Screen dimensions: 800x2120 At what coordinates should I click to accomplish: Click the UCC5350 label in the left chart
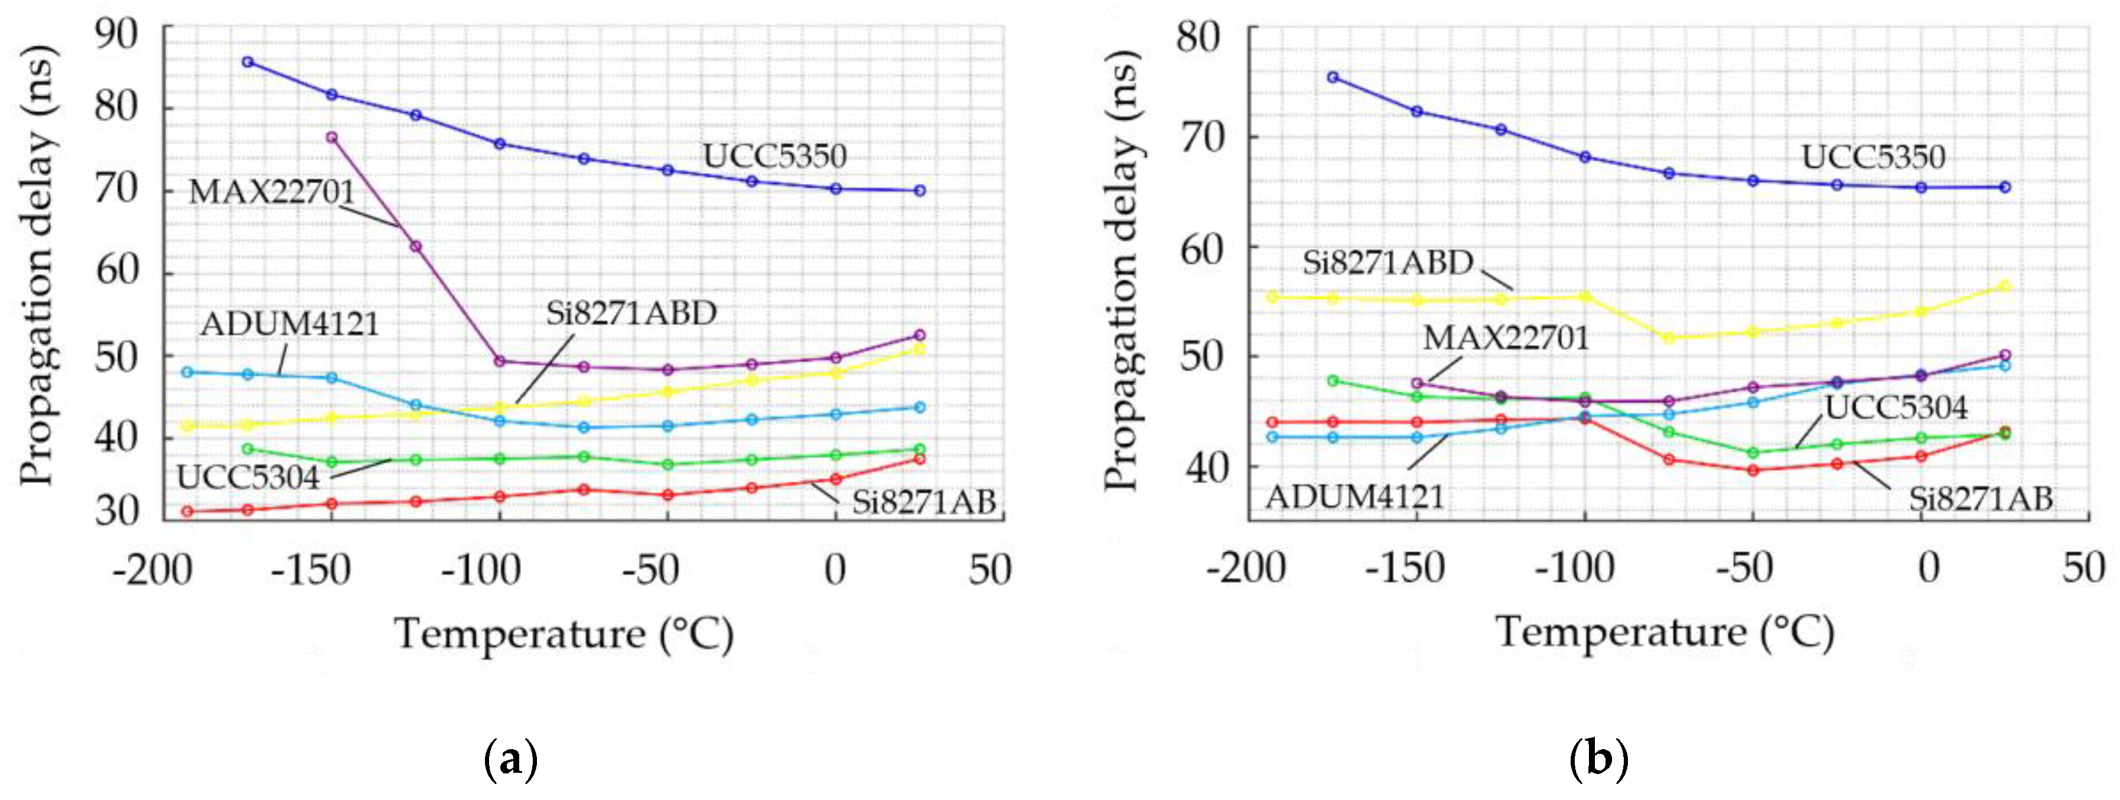pos(774,155)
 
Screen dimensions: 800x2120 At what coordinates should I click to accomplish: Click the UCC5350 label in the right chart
pos(1873,157)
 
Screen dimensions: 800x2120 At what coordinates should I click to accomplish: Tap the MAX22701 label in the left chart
pos(272,192)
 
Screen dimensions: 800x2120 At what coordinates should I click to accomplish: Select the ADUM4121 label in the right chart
pos(1354,497)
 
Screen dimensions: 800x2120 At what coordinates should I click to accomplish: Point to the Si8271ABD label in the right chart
pos(1388,262)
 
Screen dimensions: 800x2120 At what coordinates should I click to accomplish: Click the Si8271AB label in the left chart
pos(923,501)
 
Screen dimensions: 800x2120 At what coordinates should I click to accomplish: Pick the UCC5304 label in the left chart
pos(248,477)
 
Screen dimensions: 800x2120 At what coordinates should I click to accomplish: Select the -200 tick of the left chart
pos(152,570)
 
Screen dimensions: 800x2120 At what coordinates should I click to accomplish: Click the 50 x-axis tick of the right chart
pos(2083,568)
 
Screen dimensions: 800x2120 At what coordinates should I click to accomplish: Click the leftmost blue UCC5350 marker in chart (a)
pos(248,61)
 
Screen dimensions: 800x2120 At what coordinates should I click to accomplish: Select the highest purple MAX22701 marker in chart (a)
pos(331,138)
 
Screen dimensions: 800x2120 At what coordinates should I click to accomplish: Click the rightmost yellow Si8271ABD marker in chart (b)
pos(2005,285)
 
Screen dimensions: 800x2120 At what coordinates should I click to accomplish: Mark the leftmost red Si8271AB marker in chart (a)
pos(188,511)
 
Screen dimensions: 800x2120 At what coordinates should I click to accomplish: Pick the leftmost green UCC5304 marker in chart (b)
pos(1333,381)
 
